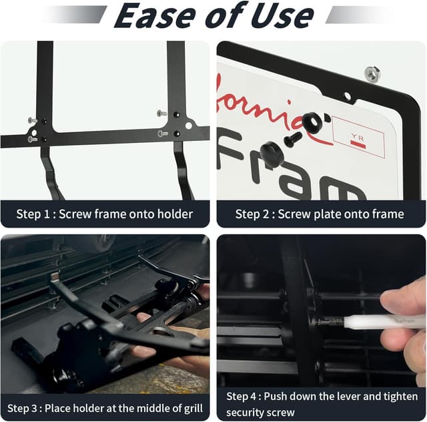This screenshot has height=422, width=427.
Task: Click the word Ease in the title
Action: [x=154, y=16]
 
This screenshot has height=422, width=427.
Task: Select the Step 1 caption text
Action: [x=105, y=214]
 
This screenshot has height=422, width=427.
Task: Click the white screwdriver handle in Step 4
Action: [x=374, y=323]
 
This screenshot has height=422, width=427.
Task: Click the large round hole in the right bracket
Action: [x=189, y=125]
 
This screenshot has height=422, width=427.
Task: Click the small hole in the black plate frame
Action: [x=347, y=96]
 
